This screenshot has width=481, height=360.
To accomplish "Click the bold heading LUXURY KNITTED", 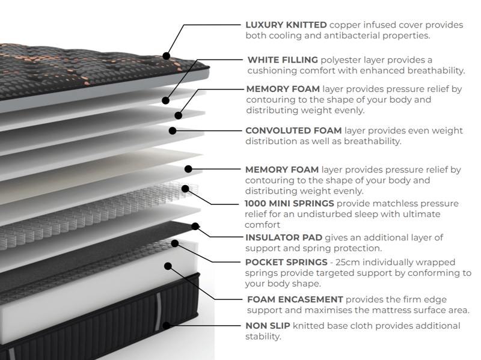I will [x=286, y=25].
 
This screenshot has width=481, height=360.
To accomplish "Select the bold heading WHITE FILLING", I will [x=283, y=60].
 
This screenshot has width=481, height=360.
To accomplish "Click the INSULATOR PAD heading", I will [x=284, y=238].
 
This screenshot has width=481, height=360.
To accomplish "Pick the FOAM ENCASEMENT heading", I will [x=295, y=299].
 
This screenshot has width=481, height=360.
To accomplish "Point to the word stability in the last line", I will [x=262, y=337].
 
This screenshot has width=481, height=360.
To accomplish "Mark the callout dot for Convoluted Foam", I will [x=173, y=130].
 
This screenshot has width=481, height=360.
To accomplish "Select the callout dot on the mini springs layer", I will [x=185, y=189].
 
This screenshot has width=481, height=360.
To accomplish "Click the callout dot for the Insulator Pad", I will [x=195, y=227].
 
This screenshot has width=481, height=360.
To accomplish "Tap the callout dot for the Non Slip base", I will [x=166, y=325].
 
